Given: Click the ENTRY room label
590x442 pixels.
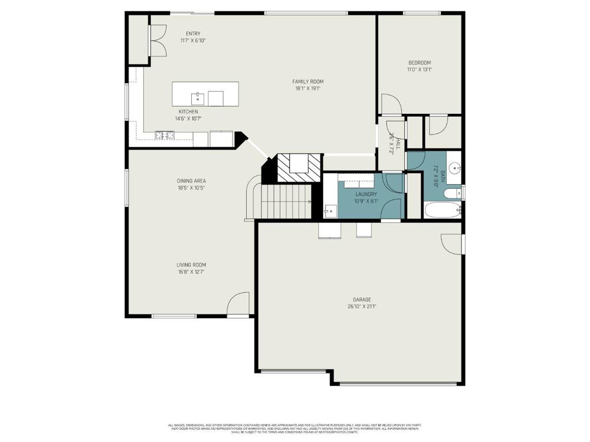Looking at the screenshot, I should [x=193, y=33].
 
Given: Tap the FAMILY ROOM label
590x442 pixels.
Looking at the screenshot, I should [x=308, y=82].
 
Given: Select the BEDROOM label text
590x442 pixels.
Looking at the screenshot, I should [x=419, y=63].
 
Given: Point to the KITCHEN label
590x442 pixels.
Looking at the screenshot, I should [x=188, y=112].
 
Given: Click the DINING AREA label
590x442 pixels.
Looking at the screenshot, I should [x=191, y=181].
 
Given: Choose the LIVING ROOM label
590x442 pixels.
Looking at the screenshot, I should [x=191, y=265].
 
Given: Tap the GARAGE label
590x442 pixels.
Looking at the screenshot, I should [x=362, y=299].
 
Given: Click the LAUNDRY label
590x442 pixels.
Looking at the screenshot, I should [x=366, y=195].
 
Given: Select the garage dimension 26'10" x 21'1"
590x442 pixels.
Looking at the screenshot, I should [x=362, y=307].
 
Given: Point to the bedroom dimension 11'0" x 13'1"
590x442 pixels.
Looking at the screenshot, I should [x=419, y=70].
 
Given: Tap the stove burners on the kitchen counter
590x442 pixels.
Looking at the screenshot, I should [x=164, y=136].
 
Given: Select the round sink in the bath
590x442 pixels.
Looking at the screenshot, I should [x=455, y=169].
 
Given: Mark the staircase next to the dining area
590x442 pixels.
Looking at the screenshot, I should [x=286, y=201].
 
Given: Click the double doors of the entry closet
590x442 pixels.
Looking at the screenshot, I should [x=157, y=40].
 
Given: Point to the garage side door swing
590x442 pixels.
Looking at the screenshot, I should [x=452, y=243].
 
